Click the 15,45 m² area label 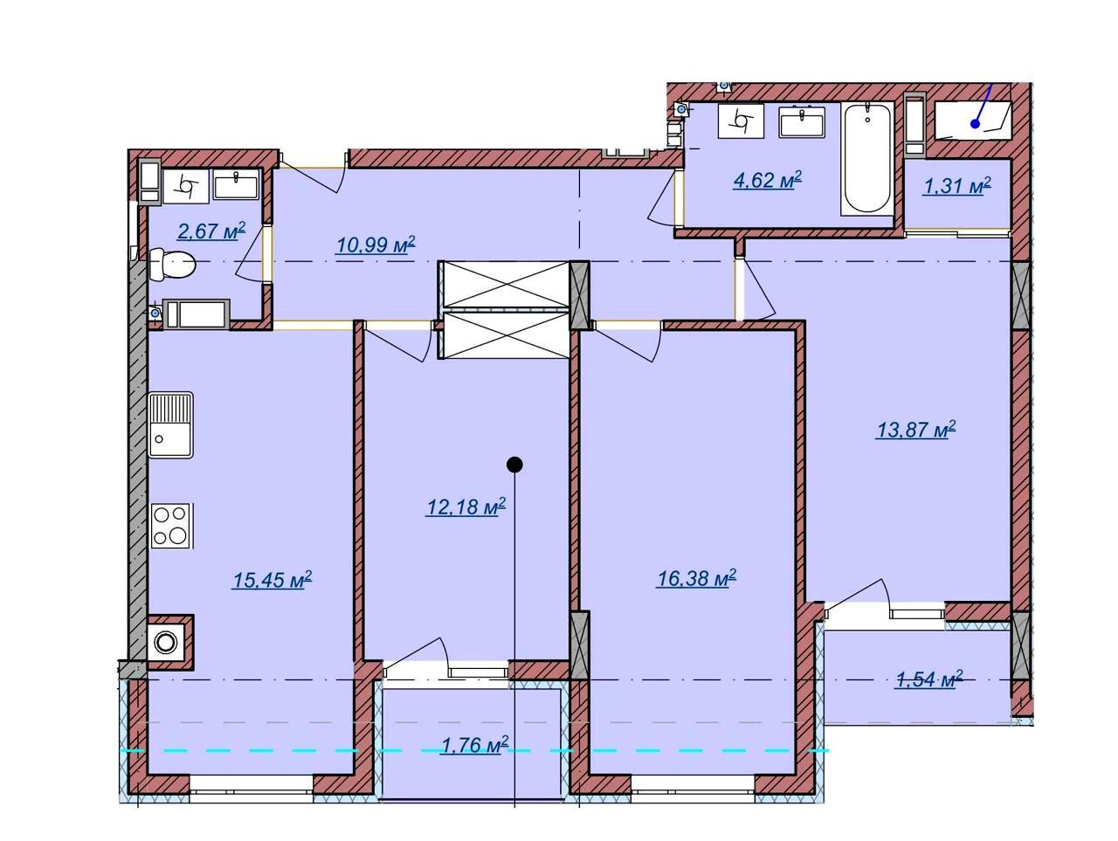point(272,579)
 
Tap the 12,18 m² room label point(466,507)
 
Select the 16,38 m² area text point(696,578)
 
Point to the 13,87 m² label point(915,429)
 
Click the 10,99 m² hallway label point(376,245)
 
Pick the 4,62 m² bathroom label point(768,180)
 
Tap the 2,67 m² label point(211,231)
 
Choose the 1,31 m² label point(957,186)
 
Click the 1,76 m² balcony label point(474,745)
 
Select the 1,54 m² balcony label point(929,679)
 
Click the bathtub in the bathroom point(868,158)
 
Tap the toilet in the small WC point(172,265)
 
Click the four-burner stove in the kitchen point(170,526)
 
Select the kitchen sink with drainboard point(170,425)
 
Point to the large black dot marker point(515,465)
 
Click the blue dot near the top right point(976,124)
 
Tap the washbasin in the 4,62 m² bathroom point(801,121)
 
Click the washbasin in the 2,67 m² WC point(236,183)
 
